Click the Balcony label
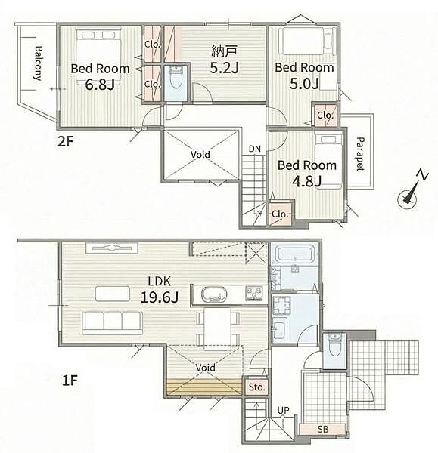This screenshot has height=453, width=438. click(x=38, y=63)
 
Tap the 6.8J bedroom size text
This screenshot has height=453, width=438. click(x=100, y=85)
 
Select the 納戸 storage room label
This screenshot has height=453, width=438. click(x=225, y=51)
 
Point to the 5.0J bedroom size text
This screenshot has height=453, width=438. click(x=304, y=83)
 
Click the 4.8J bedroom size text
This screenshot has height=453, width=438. click(x=307, y=181)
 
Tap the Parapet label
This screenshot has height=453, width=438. click(x=360, y=154)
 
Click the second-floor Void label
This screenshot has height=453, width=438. click(x=200, y=154)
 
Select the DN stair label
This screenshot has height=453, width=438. click(x=255, y=149)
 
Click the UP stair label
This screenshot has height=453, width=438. click(x=283, y=410)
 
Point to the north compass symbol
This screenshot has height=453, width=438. click(x=412, y=191)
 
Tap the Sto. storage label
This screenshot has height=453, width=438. click(x=256, y=387)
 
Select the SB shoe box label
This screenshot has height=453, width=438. click(x=323, y=429)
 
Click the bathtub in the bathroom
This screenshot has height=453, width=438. click(x=295, y=254)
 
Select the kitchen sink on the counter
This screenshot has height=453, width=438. click(x=214, y=294)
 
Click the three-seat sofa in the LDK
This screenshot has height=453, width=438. click(x=113, y=322)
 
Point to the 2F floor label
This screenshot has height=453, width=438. click(x=65, y=142)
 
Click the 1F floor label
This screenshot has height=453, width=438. click(x=70, y=381)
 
